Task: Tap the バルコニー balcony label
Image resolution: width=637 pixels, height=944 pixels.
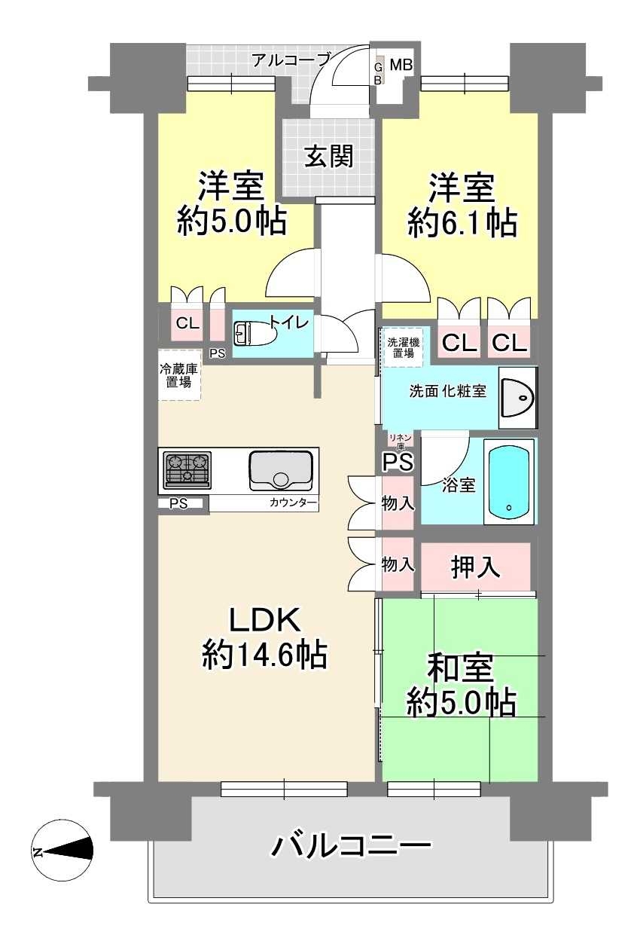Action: (x=351, y=847)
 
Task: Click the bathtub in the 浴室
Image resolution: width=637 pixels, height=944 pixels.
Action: (x=511, y=481)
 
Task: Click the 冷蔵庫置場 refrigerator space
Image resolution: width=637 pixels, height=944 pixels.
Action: (x=179, y=375)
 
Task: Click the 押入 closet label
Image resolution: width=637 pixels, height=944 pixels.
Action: (x=476, y=567)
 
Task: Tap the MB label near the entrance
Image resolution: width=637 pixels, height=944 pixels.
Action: (x=401, y=66)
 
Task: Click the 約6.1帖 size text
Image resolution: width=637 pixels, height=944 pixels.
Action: (x=462, y=222)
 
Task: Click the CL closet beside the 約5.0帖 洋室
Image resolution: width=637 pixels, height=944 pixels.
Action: (x=187, y=324)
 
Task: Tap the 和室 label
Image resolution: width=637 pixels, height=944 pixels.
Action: (x=460, y=668)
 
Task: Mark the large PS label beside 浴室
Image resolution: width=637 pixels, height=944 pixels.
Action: (x=397, y=461)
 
